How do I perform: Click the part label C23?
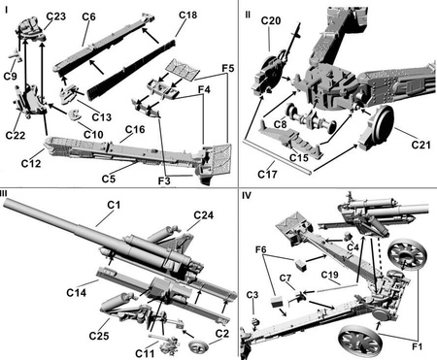click(56, 16)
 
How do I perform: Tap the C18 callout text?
click(187, 16)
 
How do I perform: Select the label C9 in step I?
click(10, 77)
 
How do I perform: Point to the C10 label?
click(93, 134)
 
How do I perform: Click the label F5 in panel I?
click(228, 69)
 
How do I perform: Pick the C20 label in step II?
click(271, 21)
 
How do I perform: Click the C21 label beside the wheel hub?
click(420, 145)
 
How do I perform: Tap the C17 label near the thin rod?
click(267, 175)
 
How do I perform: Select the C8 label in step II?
click(281, 124)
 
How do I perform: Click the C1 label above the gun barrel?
click(114, 205)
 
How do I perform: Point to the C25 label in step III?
click(99, 336)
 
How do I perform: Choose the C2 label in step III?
click(222, 334)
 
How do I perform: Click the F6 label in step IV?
click(261, 249)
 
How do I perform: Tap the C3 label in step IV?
click(252, 295)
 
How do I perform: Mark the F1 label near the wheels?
click(417, 346)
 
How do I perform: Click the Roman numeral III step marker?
click(4, 193)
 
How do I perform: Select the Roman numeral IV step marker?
click(247, 195)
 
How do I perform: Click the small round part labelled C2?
click(197, 347)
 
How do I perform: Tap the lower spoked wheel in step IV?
click(359, 341)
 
